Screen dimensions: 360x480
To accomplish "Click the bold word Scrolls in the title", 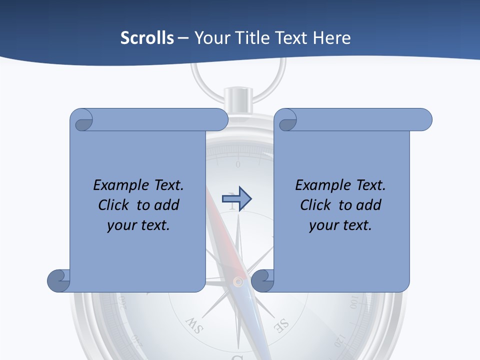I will tap(147, 38).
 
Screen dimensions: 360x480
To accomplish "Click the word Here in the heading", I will tap(332, 38).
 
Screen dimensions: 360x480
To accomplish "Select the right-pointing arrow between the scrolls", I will tap(236, 199).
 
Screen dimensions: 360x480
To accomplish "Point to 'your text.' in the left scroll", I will tap(138, 225).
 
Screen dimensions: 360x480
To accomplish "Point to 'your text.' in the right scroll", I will tap(340, 225).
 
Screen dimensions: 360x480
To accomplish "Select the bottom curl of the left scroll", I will tap(59, 280).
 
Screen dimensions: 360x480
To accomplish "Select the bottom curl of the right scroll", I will tap(262, 280).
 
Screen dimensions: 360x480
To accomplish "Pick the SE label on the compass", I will tap(281, 325).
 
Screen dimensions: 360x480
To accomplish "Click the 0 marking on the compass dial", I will tap(238, 164).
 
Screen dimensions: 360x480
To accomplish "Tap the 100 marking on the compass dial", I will tap(354, 302).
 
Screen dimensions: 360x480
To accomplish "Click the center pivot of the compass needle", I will tap(238, 282).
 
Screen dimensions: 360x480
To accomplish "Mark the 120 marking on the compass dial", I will tap(338, 340).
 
